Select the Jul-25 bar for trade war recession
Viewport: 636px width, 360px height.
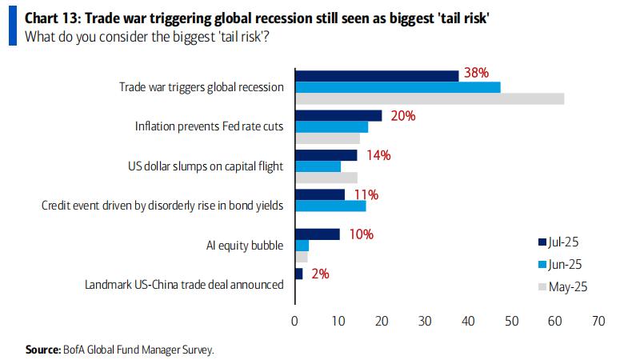pos(377,75)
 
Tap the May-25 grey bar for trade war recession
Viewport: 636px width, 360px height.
pos(430,98)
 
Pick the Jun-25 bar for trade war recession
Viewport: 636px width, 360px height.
pos(398,86)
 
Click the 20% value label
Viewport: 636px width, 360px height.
pos(402,115)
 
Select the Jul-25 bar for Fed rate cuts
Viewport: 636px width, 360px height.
pos(338,115)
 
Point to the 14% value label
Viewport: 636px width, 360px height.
pos(378,155)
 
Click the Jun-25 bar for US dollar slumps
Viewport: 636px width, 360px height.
pos(318,166)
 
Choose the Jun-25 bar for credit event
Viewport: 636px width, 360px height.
pos(330,206)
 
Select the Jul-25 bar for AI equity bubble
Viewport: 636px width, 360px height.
pos(318,234)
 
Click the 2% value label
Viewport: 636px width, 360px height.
pos(319,273)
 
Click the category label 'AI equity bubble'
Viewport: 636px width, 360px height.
pos(245,245)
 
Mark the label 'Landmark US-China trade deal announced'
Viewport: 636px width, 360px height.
pos(184,284)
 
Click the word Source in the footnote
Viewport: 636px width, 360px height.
pos(42,350)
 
